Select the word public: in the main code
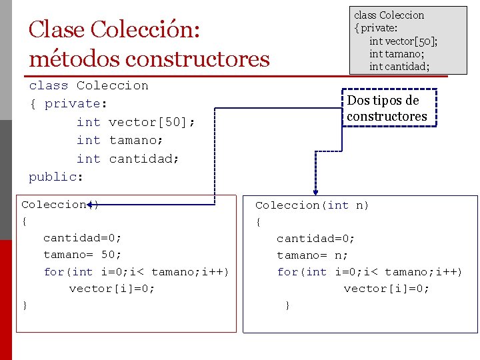point(56,177)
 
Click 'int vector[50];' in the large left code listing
point(135,122)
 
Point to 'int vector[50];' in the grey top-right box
point(403,41)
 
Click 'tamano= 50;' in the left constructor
point(83,255)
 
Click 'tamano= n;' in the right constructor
point(313,255)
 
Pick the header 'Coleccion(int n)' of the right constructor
point(312,205)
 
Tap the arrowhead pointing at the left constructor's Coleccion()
point(89,205)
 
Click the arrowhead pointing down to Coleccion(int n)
point(315,193)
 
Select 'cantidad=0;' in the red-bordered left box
point(83,238)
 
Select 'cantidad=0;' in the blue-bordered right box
point(316,239)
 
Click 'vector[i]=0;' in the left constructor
point(112,288)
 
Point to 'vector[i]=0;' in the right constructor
point(387,289)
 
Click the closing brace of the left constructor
point(25,305)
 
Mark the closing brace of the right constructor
point(287,305)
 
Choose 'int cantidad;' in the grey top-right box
point(399,66)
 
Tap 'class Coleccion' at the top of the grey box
point(389,15)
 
